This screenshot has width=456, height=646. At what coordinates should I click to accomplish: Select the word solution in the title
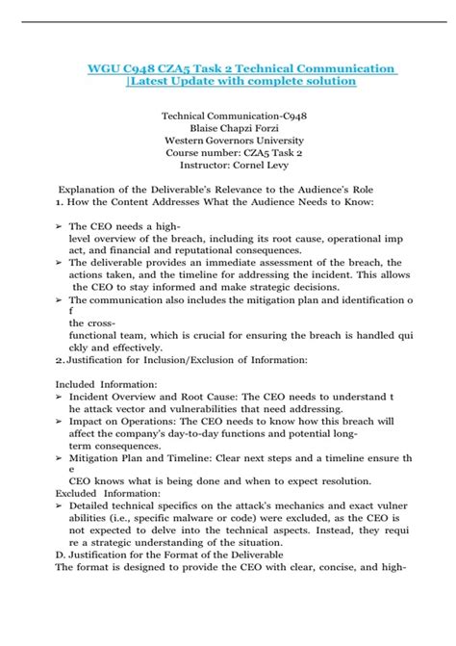coord(325,82)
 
